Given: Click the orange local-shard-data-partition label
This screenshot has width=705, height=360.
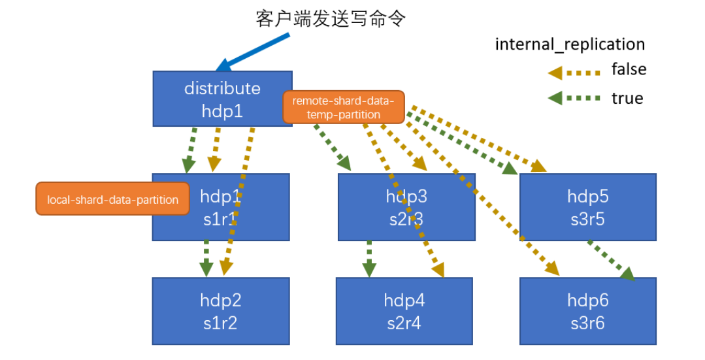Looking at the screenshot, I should [x=112, y=199].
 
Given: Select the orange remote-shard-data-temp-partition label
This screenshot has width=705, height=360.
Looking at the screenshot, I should [x=344, y=107].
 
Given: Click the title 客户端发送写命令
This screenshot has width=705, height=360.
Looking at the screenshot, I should [x=331, y=18].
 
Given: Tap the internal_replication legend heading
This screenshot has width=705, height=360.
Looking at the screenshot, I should [x=570, y=44].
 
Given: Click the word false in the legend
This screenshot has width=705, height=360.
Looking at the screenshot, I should [x=629, y=69].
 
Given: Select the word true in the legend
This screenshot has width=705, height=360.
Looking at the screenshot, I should [x=627, y=99].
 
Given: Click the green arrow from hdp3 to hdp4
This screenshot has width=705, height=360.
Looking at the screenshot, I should [x=369, y=259].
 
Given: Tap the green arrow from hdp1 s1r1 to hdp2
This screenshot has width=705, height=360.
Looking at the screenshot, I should [x=206, y=259].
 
